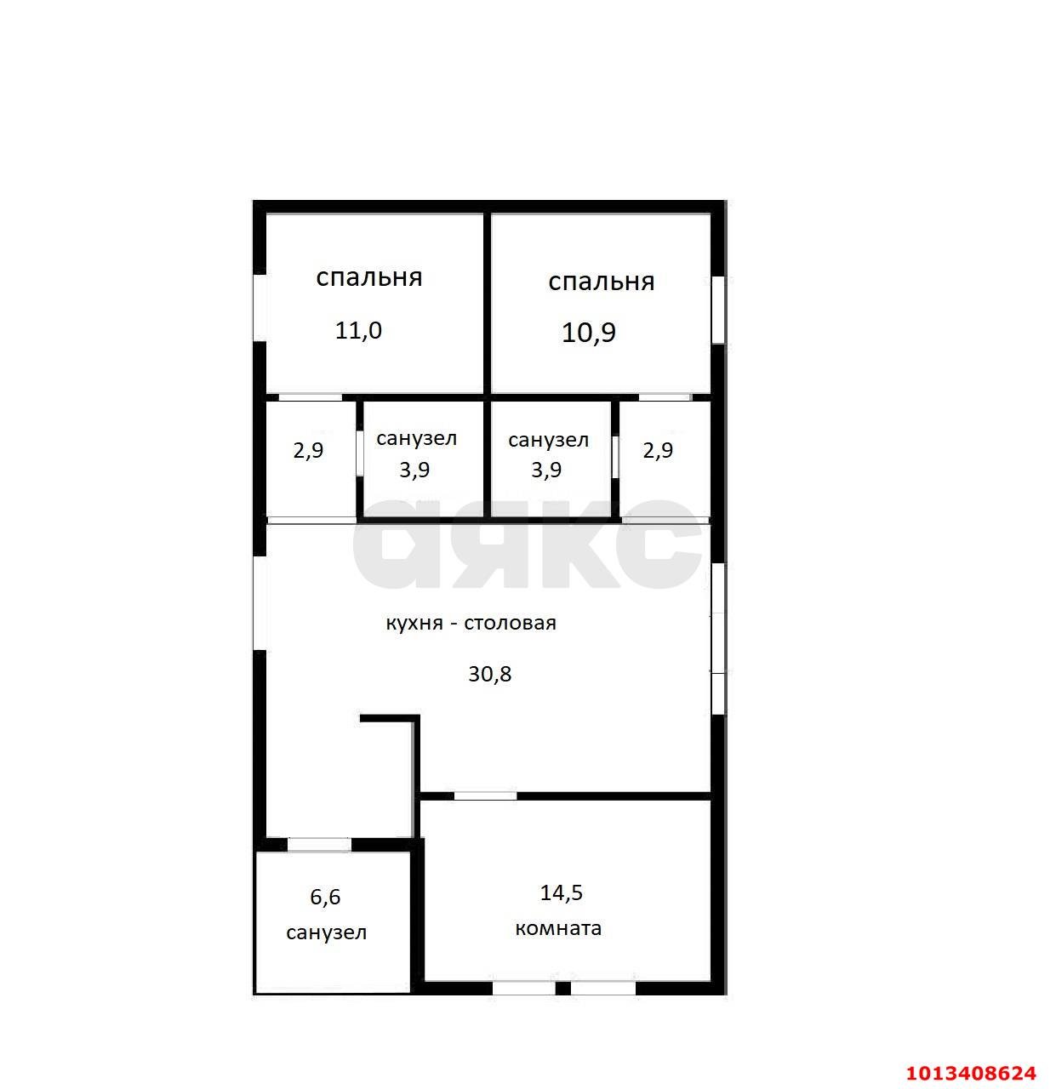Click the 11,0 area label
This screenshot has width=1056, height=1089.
click(358, 331)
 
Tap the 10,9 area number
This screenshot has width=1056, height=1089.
click(588, 333)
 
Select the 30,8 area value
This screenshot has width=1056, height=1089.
click(489, 675)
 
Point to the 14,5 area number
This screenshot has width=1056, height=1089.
click(561, 892)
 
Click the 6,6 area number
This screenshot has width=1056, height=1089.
click(325, 897)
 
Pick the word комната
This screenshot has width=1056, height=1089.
click(558, 928)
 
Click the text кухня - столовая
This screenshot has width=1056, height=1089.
click(471, 623)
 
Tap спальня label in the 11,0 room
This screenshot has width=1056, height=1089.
click(368, 277)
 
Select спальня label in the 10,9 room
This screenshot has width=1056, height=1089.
click(601, 282)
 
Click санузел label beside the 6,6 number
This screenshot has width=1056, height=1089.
click(326, 932)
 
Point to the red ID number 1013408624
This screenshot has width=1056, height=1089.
click(971, 1073)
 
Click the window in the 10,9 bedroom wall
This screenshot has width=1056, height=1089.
click(718, 310)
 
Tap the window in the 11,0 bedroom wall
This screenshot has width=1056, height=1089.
click(260, 308)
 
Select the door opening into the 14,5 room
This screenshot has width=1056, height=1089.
click(485, 795)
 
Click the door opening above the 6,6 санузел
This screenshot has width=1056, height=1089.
click(320, 845)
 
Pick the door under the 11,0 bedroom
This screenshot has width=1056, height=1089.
click(311, 397)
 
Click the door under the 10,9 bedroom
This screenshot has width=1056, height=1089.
click(665, 397)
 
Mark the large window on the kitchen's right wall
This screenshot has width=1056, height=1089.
click(718, 639)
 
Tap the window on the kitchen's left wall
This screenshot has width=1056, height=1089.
click(260, 603)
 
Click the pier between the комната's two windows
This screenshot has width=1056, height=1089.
click(563, 989)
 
